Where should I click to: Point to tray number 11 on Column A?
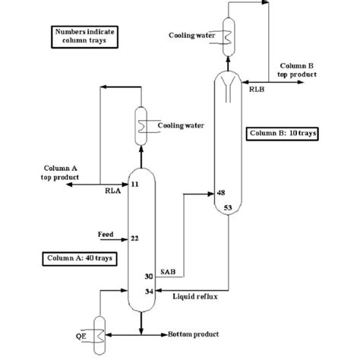(x=134, y=185)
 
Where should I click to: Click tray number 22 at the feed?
(x=134, y=238)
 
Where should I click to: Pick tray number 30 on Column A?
(x=149, y=276)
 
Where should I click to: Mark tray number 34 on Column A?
(x=149, y=290)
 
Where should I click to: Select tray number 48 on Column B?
(x=221, y=193)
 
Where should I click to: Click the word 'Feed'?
(x=106, y=234)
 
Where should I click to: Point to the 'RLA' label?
(x=113, y=192)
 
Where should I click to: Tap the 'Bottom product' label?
(x=193, y=334)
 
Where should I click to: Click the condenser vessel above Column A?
(x=141, y=122)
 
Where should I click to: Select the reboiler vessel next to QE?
(x=99, y=331)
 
